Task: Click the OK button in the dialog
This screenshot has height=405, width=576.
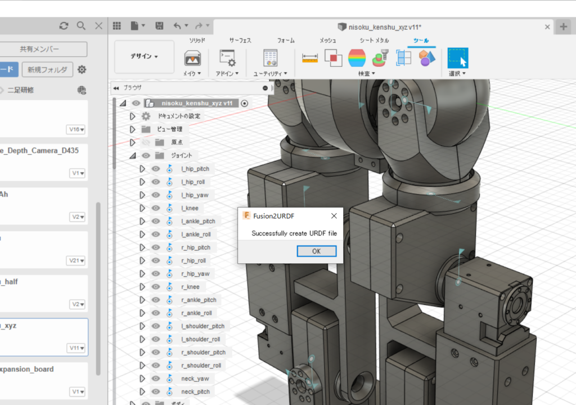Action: pyautogui.click(x=316, y=251)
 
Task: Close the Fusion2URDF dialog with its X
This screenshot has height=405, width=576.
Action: pyautogui.click(x=334, y=215)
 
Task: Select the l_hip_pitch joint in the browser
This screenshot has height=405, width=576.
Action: pyautogui.click(x=195, y=169)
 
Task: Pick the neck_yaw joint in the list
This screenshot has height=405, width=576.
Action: pyautogui.click(x=195, y=379)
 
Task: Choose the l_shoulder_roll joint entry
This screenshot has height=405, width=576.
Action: pyautogui.click(x=201, y=339)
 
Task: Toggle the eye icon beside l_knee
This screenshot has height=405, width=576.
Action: pyautogui.click(x=156, y=208)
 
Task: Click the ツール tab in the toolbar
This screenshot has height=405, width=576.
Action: pyautogui.click(x=421, y=40)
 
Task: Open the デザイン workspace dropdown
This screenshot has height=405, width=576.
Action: pyautogui.click(x=144, y=56)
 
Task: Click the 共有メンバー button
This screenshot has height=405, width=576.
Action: pyautogui.click(x=39, y=49)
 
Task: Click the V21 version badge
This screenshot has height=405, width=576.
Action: pyautogui.click(x=77, y=260)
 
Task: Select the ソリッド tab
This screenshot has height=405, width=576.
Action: pyautogui.click(x=196, y=40)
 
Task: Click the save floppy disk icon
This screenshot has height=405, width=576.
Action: pyautogui.click(x=159, y=26)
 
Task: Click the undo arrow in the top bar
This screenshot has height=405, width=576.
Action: pyautogui.click(x=178, y=26)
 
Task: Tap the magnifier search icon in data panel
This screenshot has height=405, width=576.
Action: pyautogui.click(x=81, y=26)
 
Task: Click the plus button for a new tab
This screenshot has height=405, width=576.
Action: pyautogui.click(x=563, y=26)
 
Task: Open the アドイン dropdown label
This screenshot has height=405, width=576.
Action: pyautogui.click(x=227, y=74)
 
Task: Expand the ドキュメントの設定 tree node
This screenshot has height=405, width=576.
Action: pyautogui.click(x=133, y=116)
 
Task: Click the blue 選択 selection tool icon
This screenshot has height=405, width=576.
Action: pyautogui.click(x=457, y=58)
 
